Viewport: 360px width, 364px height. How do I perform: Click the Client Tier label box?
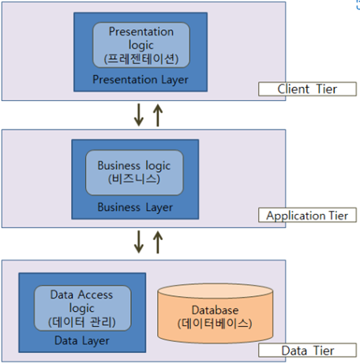306,88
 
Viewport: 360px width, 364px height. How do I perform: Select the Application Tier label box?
306,215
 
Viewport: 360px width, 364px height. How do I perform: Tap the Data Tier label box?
306,350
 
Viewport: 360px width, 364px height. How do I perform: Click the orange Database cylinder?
208,316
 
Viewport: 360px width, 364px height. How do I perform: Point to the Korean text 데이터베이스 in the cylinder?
208,323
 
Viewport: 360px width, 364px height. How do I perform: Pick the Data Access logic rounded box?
82,308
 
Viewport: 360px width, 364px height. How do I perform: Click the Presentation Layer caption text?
141,79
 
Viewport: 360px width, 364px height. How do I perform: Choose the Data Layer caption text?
82,340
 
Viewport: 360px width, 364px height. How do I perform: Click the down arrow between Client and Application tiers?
140,115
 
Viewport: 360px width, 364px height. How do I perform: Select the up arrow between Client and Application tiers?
158,115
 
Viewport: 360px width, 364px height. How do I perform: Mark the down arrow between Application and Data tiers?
140,242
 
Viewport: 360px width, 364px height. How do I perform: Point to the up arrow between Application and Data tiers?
158,242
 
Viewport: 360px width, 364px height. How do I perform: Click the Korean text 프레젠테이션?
141,58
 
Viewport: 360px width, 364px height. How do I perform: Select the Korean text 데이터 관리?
82,321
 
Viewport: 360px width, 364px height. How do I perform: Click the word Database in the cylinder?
208,310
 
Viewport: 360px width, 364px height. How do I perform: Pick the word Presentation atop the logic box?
141,32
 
